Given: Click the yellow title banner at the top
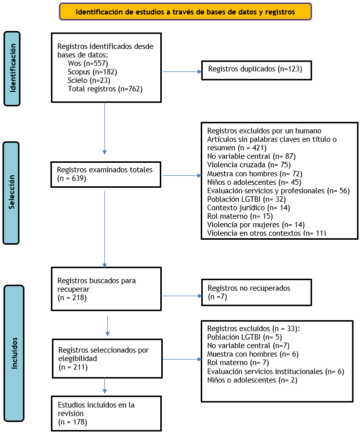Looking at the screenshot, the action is (x=185, y=11).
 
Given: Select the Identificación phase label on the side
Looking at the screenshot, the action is (x=12, y=68).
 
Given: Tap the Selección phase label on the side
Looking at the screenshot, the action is (x=11, y=193).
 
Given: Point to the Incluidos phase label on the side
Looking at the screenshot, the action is (x=14, y=353).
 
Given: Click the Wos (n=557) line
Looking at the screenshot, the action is (x=88, y=63).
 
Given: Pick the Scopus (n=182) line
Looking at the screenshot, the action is (x=92, y=72).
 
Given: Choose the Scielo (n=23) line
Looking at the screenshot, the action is (x=89, y=80).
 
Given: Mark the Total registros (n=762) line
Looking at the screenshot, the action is (x=105, y=89).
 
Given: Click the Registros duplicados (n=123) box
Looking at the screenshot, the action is (x=257, y=70).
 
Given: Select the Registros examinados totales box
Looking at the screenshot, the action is (x=106, y=174).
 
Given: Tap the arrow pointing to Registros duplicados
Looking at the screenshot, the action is (x=181, y=72).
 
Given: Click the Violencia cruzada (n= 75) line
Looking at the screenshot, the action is (x=249, y=165).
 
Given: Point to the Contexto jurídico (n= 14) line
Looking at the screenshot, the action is (x=249, y=208).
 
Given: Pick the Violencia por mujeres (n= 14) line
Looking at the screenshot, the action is (x=256, y=225).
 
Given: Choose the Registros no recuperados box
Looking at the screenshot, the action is (x=257, y=293).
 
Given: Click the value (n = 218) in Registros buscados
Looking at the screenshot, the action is (x=72, y=298).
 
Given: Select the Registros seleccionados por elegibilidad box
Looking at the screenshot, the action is (x=107, y=359).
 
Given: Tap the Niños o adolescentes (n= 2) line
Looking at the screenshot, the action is (x=252, y=380).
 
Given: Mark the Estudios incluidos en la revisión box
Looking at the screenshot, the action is (x=106, y=414).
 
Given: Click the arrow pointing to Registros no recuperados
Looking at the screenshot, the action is (x=181, y=296).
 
